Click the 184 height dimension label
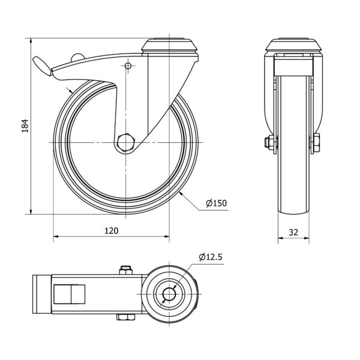point(25,125)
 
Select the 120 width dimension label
point(112,231)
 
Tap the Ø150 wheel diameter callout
point(216,203)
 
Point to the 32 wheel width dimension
point(293,232)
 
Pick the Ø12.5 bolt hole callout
point(211,257)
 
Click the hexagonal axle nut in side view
point(126,142)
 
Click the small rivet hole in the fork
point(128,66)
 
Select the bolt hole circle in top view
point(169,294)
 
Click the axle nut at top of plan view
point(125,270)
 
